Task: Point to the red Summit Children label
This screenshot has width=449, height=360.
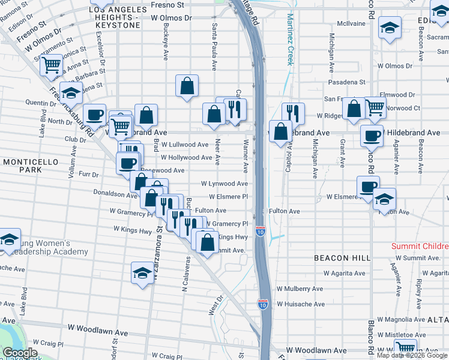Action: tap(420, 247)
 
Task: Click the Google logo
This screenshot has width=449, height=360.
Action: tap(20, 353)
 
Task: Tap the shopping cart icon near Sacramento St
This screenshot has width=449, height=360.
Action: tap(52, 64)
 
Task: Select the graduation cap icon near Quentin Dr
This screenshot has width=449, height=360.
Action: tap(71, 92)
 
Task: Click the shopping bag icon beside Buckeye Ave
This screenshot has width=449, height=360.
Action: tap(187, 85)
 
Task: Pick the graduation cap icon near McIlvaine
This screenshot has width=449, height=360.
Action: tap(390, 28)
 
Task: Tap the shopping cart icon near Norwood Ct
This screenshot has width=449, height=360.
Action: tap(375, 107)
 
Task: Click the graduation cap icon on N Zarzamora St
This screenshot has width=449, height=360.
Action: tap(142, 272)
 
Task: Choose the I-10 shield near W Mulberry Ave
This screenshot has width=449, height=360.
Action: tap(263, 304)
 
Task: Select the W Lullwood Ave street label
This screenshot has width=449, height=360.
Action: tap(185, 145)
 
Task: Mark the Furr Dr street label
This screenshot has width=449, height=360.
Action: tap(88, 174)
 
